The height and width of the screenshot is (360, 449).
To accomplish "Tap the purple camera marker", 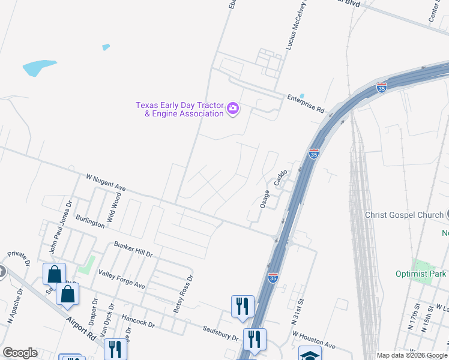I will click(233, 109).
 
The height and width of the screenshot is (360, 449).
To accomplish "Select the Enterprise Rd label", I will click(306, 104).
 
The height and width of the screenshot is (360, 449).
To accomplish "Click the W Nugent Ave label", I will click(106, 182).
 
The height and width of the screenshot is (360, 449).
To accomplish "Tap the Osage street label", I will click(265, 199).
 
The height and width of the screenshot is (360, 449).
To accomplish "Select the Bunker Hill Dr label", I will click(133, 250).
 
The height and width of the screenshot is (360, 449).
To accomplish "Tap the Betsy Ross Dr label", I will click(184, 294).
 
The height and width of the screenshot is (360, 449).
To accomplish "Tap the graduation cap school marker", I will click(310, 354).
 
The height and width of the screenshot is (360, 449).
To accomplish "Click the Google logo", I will click(20, 353).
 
